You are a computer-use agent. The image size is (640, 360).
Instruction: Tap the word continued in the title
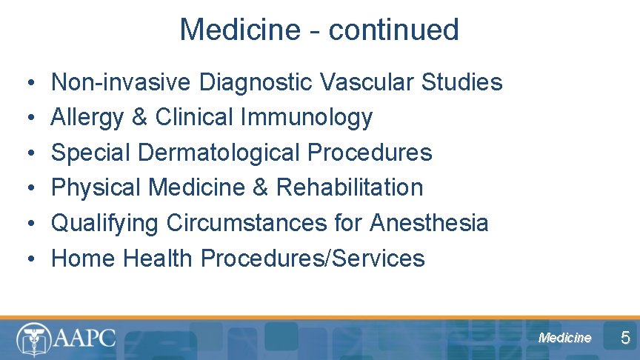(394, 30)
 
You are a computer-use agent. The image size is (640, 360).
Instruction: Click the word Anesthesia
(430, 223)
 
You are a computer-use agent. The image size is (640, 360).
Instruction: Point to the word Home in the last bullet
(84, 259)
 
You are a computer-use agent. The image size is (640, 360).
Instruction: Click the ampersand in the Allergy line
(142, 117)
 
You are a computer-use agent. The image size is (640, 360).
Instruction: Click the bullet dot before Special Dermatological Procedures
(25, 153)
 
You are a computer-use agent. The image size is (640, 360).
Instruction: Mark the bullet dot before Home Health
(25, 259)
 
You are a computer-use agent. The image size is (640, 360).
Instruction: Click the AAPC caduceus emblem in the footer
(33, 340)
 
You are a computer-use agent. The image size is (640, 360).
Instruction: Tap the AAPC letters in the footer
(84, 339)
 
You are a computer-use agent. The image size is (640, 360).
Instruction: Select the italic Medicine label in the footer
(565, 338)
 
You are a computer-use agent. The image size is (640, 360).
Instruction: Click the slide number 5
(625, 339)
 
